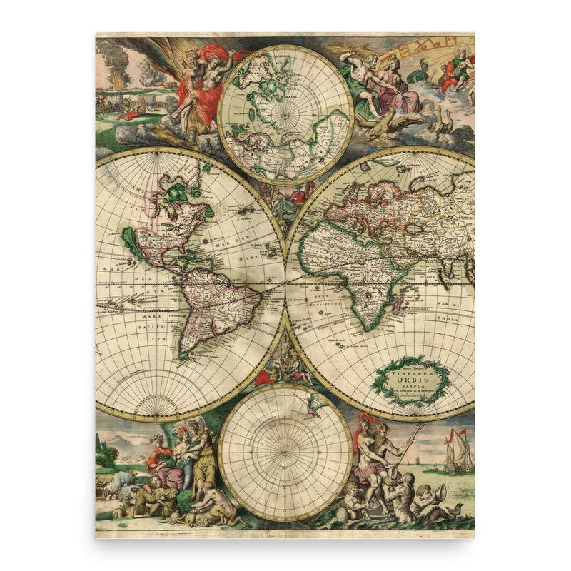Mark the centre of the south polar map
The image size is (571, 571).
coord(285,452)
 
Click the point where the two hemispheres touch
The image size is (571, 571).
coord(285,283)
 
